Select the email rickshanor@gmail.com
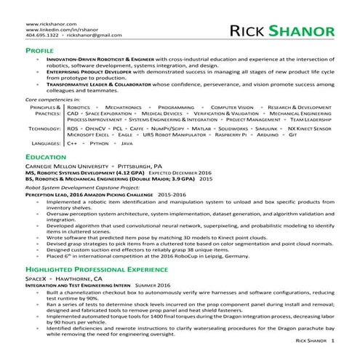pyautogui.click(x=90, y=35)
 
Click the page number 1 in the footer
pyautogui.click(x=332, y=340)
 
